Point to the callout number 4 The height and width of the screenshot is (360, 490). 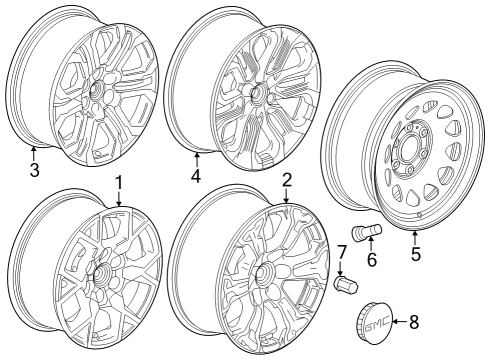coord(196,176)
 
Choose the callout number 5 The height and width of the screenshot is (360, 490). coord(415,253)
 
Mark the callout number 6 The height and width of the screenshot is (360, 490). coord(373,260)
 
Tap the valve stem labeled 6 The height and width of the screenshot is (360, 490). coord(371,232)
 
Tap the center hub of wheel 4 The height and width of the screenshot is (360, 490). coord(256,93)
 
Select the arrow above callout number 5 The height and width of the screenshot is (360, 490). coord(415,236)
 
